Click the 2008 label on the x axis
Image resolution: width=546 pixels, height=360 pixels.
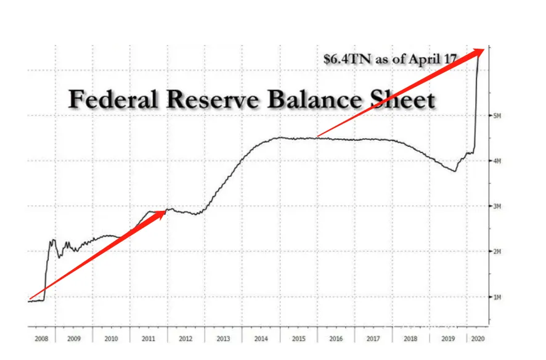(x=41, y=339)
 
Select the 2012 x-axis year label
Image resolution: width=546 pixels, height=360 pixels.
(x=186, y=339)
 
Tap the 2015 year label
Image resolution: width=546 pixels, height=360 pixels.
(x=298, y=339)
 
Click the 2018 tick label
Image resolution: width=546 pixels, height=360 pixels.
(x=410, y=339)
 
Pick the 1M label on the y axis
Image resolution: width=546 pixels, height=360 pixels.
(x=497, y=297)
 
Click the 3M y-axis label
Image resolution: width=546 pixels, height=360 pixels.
(x=497, y=207)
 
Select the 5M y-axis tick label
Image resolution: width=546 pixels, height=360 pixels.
(x=497, y=116)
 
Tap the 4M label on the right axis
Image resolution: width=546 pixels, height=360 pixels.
(x=497, y=161)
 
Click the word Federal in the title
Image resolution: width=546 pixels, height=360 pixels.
(x=108, y=99)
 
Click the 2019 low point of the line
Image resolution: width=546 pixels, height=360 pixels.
(x=455, y=170)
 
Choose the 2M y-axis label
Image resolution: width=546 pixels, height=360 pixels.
(x=497, y=252)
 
